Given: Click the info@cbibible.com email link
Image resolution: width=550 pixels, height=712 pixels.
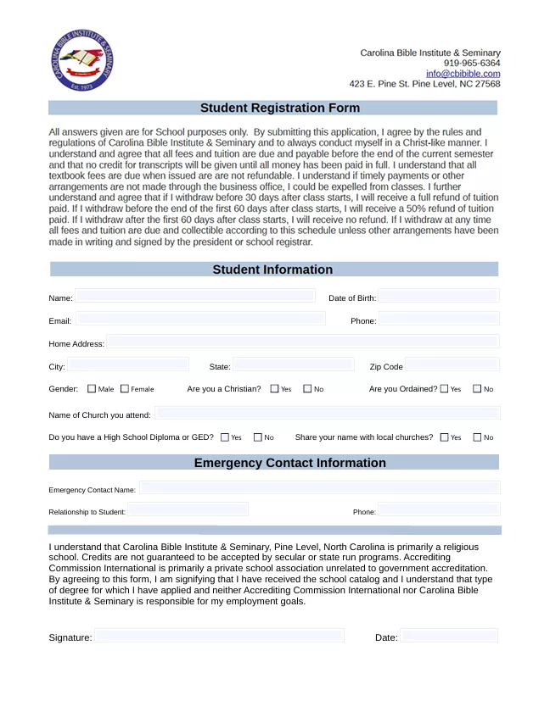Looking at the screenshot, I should [x=463, y=74].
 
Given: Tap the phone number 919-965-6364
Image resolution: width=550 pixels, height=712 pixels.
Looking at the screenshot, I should [x=471, y=64].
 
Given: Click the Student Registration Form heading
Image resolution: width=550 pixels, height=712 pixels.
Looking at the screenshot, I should [x=279, y=108].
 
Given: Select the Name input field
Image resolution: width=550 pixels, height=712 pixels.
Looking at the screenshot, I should [x=195, y=297].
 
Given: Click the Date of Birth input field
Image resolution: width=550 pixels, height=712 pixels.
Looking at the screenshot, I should [x=438, y=297].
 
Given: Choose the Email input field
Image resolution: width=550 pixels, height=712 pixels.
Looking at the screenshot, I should [x=200, y=320].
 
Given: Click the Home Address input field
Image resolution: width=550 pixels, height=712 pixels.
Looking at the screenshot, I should [x=302, y=342].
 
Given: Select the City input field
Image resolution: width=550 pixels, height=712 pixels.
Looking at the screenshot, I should [x=128, y=365].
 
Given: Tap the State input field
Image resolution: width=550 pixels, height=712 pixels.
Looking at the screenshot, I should [x=294, y=365].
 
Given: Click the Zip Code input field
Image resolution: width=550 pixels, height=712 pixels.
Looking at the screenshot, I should [x=452, y=365].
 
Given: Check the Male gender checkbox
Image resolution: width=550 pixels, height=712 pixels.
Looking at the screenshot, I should [x=92, y=389].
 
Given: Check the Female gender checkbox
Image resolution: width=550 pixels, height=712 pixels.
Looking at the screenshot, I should [x=125, y=389].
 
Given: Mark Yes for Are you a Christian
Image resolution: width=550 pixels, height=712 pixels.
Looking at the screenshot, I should [x=274, y=389].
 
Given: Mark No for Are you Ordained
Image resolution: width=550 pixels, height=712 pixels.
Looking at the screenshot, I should [x=477, y=389].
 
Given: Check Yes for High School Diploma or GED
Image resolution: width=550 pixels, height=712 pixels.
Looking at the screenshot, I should [x=225, y=437].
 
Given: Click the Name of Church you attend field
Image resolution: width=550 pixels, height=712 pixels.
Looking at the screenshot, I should [x=327, y=414].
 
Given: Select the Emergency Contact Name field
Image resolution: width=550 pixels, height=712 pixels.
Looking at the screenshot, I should [x=319, y=488].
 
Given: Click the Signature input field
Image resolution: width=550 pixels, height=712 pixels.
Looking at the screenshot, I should [x=219, y=636].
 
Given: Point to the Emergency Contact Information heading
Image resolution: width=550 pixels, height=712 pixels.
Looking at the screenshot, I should [x=289, y=464].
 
